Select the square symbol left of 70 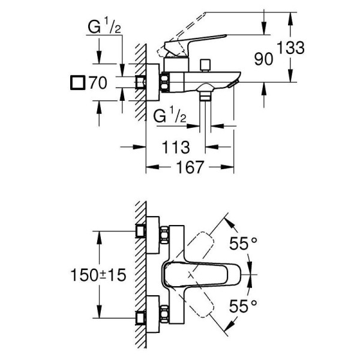pos(77,83)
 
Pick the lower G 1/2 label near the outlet pos(175,115)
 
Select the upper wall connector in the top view pos(142,232)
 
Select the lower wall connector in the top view pos(142,317)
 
